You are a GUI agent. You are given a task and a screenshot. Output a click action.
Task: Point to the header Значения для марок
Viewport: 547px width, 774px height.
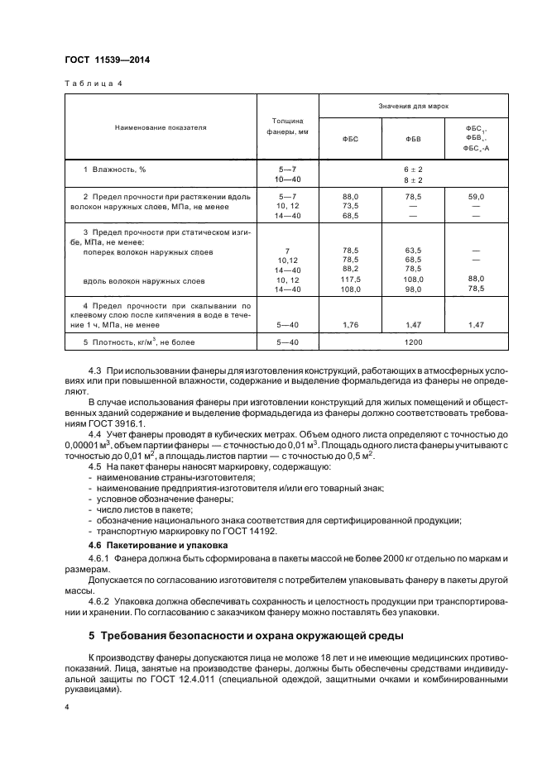413,107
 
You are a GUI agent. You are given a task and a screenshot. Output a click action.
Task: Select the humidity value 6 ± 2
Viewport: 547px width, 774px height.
413,169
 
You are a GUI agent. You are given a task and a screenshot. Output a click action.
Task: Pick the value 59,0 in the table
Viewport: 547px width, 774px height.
476,196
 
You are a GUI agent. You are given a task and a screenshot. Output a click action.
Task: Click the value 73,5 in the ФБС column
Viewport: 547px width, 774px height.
350,206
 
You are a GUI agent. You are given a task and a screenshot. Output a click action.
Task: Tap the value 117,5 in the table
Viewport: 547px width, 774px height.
350,279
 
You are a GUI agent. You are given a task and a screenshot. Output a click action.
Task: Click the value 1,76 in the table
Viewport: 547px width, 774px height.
350,325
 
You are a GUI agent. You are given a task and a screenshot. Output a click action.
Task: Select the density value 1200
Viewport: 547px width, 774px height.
413,342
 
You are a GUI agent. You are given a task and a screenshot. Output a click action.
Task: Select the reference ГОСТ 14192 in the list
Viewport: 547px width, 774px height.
254,533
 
